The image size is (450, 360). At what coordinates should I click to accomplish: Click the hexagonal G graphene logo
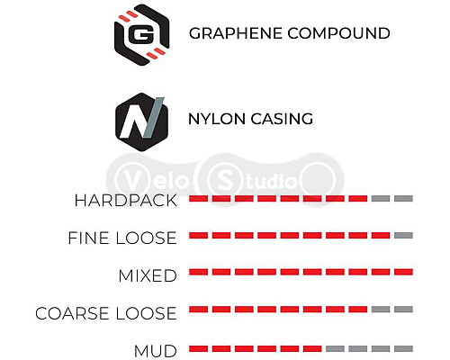[142, 35]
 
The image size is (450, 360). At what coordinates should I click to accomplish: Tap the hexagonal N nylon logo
[141, 121]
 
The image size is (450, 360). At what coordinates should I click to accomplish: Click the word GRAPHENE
[236, 33]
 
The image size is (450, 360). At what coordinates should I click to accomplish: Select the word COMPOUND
[339, 33]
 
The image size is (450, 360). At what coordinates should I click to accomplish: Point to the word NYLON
[217, 119]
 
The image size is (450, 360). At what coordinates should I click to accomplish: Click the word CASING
[282, 119]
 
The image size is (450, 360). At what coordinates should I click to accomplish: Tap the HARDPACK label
[126, 200]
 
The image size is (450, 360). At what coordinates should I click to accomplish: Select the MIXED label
[148, 275]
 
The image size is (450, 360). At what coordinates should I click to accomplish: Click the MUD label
[156, 351]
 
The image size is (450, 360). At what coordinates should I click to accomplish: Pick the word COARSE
[72, 313]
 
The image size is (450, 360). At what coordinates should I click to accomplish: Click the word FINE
[88, 238]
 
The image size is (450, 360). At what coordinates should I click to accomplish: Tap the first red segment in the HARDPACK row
[198, 198]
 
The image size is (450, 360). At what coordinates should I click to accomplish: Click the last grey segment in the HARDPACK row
[403, 198]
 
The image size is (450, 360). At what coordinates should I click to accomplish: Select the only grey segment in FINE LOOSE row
[403, 236]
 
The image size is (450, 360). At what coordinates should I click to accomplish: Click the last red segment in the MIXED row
[403, 272]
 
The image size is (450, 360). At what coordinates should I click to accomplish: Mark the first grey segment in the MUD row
[335, 348]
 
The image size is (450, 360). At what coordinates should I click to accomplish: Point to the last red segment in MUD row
[312, 348]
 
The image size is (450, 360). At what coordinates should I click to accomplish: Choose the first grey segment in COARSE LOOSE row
[381, 310]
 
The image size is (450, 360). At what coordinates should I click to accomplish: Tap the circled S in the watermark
[224, 181]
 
